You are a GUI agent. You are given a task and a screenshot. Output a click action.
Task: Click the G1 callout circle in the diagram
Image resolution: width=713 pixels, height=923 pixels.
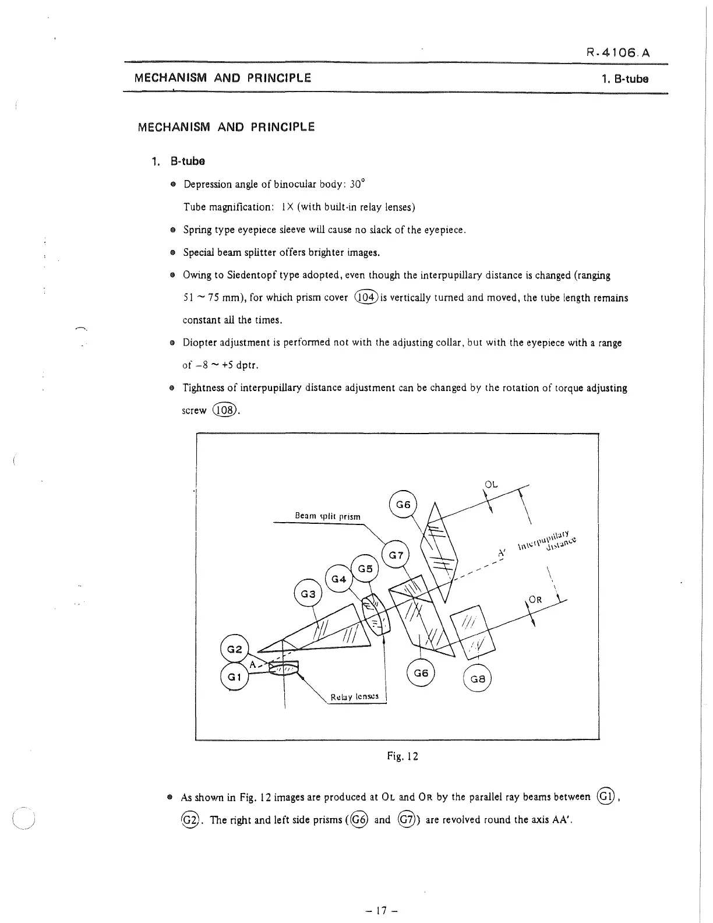pos(234,677)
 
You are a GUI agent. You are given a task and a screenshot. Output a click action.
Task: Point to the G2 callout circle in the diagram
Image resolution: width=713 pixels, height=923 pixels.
pos(234,649)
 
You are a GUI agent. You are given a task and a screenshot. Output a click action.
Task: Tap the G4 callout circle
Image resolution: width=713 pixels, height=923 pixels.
pos(339,579)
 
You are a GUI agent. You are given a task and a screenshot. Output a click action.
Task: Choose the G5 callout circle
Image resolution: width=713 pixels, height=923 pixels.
pos(365,568)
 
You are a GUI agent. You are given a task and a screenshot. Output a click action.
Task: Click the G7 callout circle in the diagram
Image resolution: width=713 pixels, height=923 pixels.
pos(396,555)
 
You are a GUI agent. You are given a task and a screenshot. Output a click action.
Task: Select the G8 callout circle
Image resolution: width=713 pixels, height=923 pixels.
pos(477,679)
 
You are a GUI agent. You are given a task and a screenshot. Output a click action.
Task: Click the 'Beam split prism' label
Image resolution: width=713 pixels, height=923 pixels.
pos(327,516)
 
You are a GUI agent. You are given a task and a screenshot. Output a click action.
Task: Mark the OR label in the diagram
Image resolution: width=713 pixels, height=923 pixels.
pos(535,600)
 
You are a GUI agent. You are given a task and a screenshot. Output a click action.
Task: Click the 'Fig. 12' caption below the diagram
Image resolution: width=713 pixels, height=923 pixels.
pos(403,756)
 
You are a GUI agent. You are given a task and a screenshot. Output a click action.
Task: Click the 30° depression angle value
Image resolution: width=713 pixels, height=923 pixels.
pos(357,184)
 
